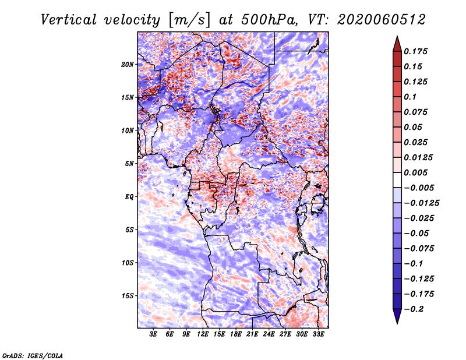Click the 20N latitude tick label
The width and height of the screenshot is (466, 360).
[x=128, y=65]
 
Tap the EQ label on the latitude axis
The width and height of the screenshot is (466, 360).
[x=129, y=197]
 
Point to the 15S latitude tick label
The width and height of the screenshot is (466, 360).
[x=128, y=296]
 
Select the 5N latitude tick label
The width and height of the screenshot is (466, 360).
[x=129, y=164]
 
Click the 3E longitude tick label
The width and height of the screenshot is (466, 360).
[x=153, y=334]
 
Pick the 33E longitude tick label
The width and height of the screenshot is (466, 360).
[x=318, y=334]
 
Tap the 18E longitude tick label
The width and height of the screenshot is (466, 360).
[x=236, y=334]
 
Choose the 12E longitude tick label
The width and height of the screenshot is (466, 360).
[x=203, y=334]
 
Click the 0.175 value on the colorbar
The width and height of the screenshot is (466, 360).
[x=415, y=51]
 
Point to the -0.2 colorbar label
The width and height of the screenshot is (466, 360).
[x=414, y=309]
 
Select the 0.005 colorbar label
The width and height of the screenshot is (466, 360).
[x=415, y=172]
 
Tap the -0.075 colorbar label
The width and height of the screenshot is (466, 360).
[x=419, y=249]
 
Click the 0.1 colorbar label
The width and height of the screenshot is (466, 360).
[x=410, y=97]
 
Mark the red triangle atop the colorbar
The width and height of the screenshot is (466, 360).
[x=397, y=44]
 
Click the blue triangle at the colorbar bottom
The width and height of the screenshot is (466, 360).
[x=397, y=316]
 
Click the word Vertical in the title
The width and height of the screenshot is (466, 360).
[x=69, y=20]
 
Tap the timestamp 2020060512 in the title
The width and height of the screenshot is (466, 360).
[x=382, y=20]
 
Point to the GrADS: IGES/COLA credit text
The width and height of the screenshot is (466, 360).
[x=33, y=356]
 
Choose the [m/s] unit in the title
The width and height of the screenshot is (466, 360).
[x=189, y=20]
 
